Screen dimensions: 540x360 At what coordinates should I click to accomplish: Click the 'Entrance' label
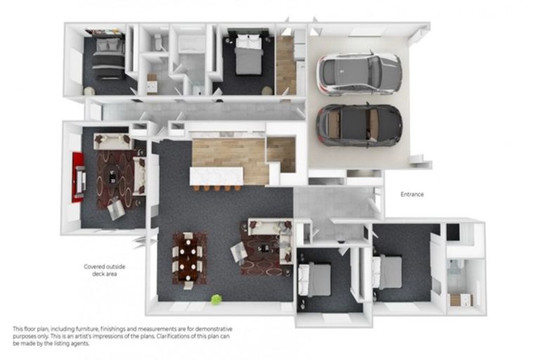[412, 194]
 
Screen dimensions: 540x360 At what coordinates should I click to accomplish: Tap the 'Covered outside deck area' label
[104, 270]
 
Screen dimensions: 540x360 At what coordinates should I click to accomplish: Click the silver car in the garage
[359, 74]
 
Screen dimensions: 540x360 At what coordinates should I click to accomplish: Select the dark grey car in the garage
[359, 125]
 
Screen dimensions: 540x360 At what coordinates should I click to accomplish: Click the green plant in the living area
[216, 300]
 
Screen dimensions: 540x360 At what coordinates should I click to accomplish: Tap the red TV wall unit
[78, 177]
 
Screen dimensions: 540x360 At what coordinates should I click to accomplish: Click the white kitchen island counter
[217, 176]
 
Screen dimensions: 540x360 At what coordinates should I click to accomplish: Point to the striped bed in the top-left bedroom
[108, 58]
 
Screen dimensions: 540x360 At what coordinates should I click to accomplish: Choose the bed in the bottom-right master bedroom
[387, 272]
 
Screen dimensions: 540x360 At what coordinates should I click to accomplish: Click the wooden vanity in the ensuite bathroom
[461, 300]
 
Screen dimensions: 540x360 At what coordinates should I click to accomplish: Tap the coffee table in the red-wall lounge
[113, 176]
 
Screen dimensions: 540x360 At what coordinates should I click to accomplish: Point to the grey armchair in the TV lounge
[116, 210]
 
